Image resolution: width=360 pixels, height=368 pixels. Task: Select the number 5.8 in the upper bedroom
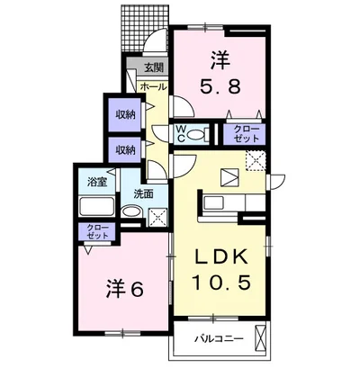point(220,88)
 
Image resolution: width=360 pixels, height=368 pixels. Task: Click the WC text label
point(181,134)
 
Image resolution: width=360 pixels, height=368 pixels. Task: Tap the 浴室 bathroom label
point(96,180)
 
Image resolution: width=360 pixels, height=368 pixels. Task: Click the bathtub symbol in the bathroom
point(96,208)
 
